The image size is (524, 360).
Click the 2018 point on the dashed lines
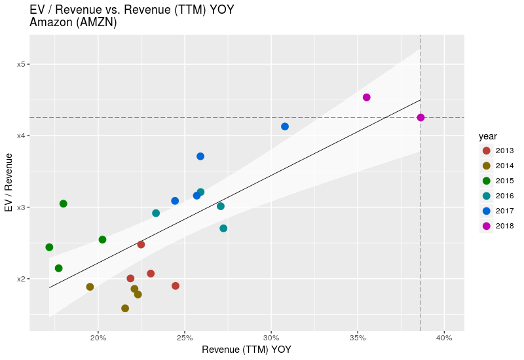click(x=421, y=118)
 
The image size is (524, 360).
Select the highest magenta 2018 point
click(x=367, y=98)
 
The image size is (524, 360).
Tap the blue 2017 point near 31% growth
click(x=285, y=126)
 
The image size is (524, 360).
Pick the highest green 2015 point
click(x=64, y=204)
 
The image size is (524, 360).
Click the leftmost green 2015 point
click(x=49, y=247)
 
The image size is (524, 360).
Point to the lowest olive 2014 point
click(x=125, y=308)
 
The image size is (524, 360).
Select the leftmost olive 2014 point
click(x=90, y=287)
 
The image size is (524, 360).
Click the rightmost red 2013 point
click(x=176, y=286)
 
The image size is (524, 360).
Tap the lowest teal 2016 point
click(x=223, y=228)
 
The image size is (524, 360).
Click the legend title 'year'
click(x=487, y=136)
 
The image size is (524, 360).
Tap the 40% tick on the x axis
click(x=443, y=338)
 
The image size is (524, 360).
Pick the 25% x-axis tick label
click(x=184, y=338)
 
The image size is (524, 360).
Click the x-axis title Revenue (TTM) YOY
click(x=246, y=350)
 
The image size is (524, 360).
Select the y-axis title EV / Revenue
click(x=9, y=183)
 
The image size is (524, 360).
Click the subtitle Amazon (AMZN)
click(x=73, y=22)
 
